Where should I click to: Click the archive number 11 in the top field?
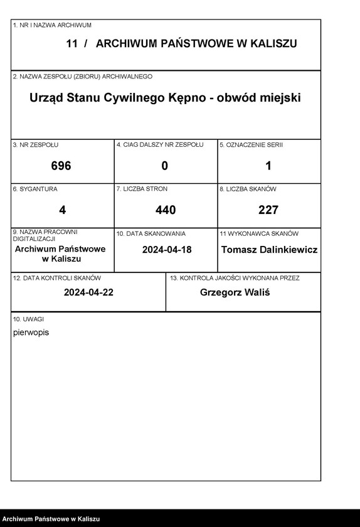71,43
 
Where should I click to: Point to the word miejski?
279,98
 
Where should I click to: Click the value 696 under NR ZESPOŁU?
61,166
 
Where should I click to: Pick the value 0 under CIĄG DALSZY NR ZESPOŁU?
165,166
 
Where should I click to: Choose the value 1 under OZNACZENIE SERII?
268,166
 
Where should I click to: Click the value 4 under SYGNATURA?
62,210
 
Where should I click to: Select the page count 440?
166,210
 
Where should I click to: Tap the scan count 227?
268,210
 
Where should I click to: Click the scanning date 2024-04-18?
167,250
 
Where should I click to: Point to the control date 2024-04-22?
88,293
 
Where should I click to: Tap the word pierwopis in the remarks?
31,333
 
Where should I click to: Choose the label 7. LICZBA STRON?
142,189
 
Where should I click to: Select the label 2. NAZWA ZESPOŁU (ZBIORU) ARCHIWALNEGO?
82,77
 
